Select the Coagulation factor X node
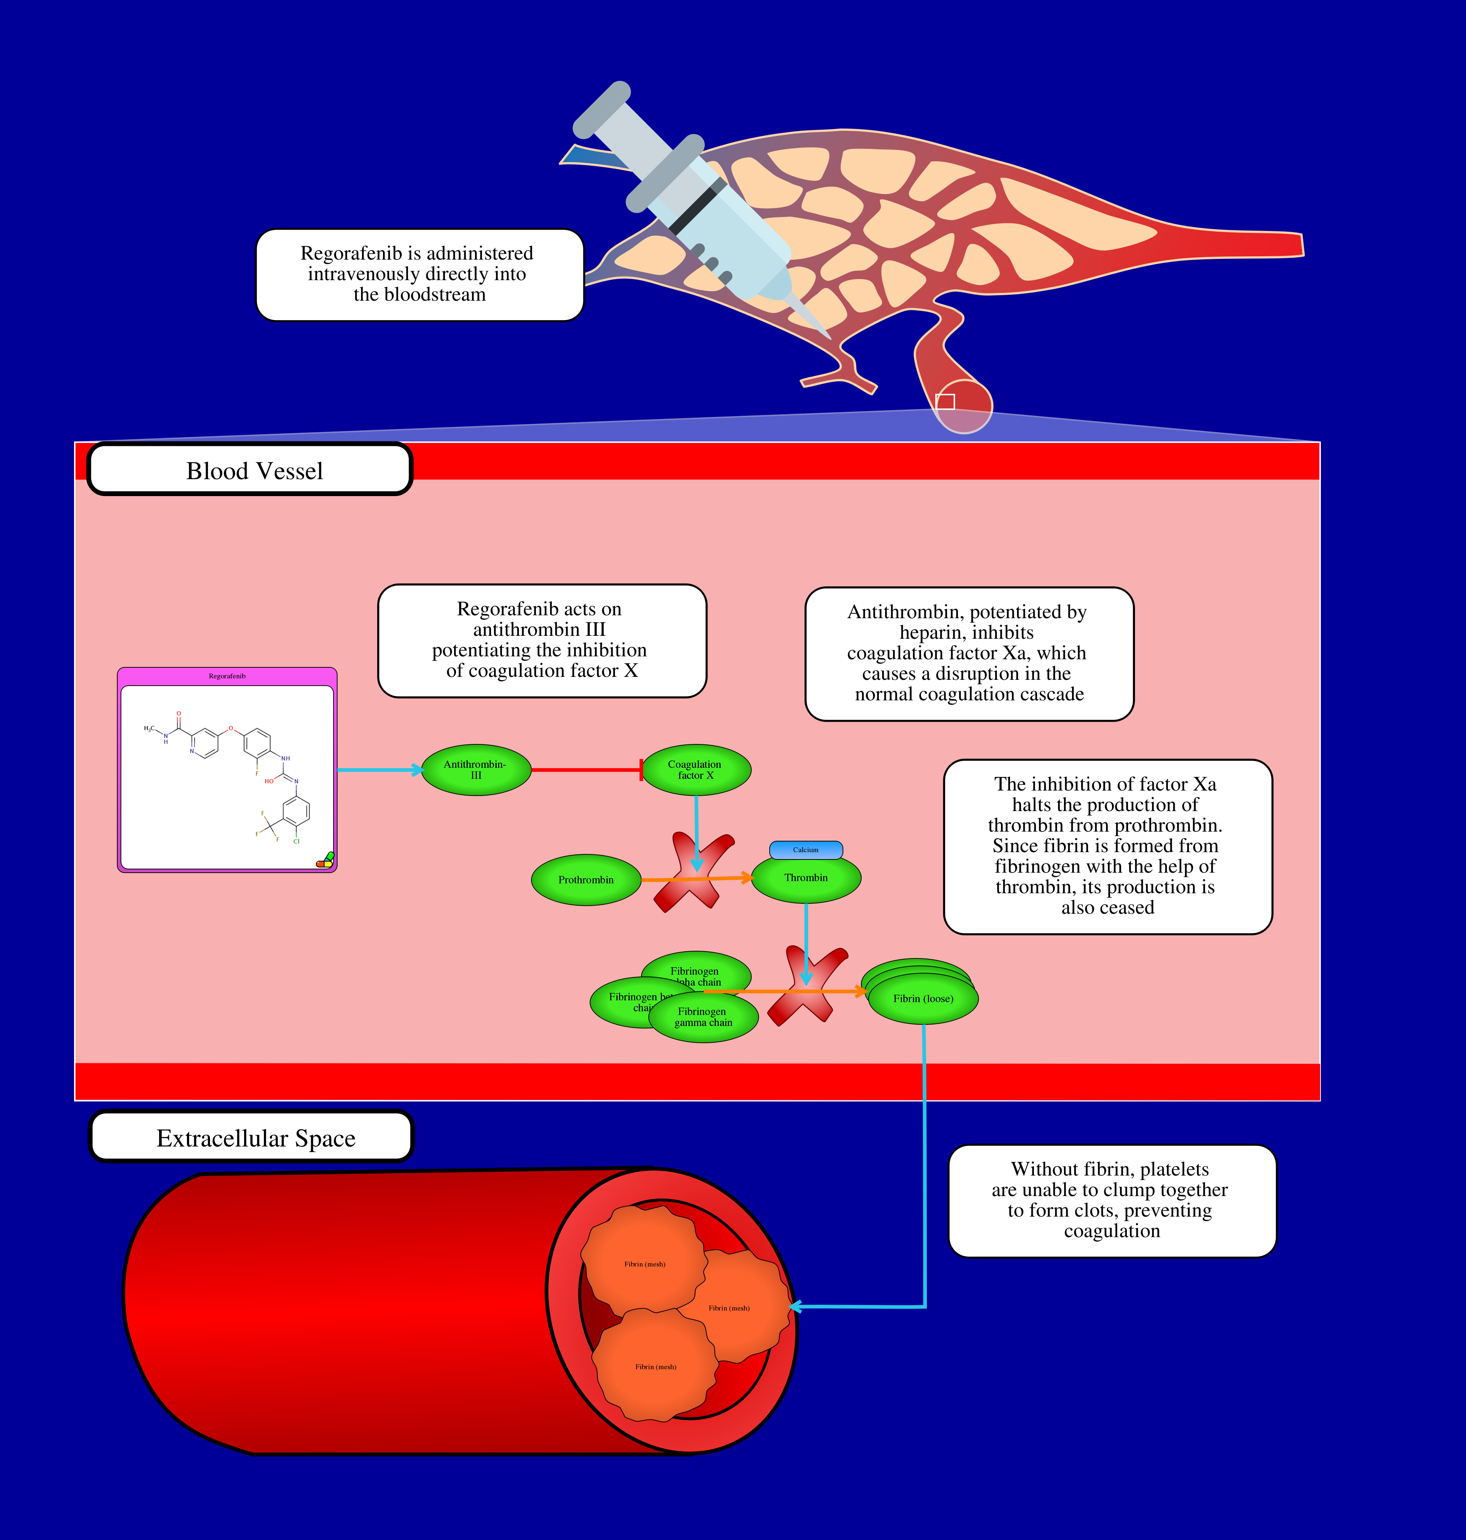(x=696, y=770)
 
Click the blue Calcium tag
(x=806, y=850)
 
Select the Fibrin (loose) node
(x=923, y=999)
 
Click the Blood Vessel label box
(x=250, y=470)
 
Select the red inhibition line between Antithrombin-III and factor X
(x=586, y=770)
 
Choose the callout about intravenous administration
(x=420, y=274)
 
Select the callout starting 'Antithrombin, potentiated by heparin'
(x=969, y=653)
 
